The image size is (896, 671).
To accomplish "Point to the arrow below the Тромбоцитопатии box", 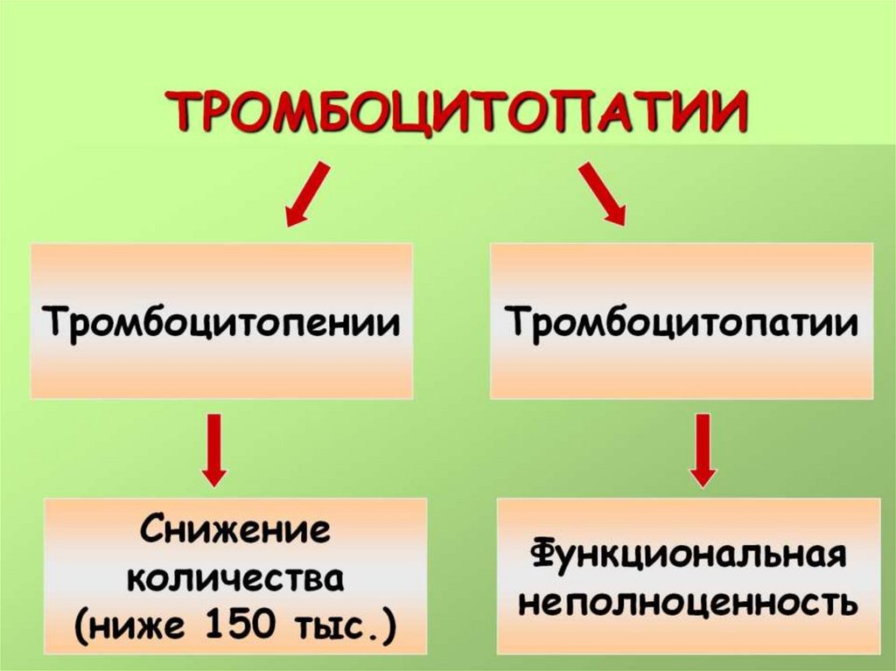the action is [x=702, y=449].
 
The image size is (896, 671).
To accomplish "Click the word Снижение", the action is [x=234, y=532].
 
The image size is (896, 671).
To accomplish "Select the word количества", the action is [x=234, y=578].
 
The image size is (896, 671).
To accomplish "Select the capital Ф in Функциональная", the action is [x=543, y=556].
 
